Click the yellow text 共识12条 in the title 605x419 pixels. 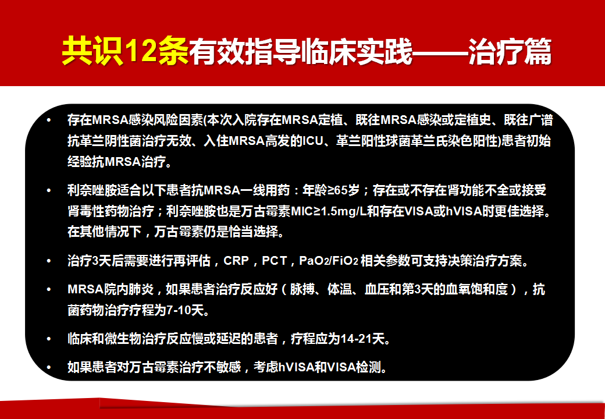125,51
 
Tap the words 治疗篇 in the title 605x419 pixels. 510,51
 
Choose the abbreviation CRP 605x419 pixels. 236,261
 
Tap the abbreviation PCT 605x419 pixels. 275,261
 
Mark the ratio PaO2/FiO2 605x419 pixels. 328,261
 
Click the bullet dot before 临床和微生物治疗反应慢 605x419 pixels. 49,339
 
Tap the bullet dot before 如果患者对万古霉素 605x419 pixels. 49,367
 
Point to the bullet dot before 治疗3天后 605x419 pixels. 49,261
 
